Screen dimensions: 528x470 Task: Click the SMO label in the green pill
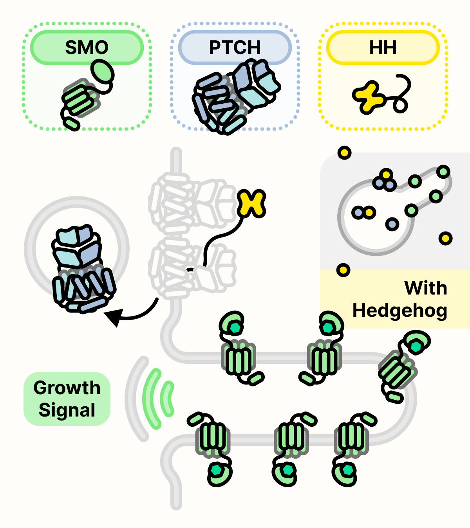87,48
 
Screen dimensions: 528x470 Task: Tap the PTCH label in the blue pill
235,48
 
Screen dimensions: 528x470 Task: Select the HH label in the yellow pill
383,48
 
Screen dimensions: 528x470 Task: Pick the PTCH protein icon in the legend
235,96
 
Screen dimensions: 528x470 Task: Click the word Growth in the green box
67,388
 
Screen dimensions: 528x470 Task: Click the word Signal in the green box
67,410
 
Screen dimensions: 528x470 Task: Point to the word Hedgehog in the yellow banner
399,311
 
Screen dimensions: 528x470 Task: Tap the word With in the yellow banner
425,288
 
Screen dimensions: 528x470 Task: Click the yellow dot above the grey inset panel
345,153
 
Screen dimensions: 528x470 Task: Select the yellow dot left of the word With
343,270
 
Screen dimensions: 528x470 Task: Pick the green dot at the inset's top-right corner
443,171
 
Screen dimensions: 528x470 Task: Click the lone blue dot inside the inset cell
392,224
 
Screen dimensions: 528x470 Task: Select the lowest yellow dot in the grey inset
445,238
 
